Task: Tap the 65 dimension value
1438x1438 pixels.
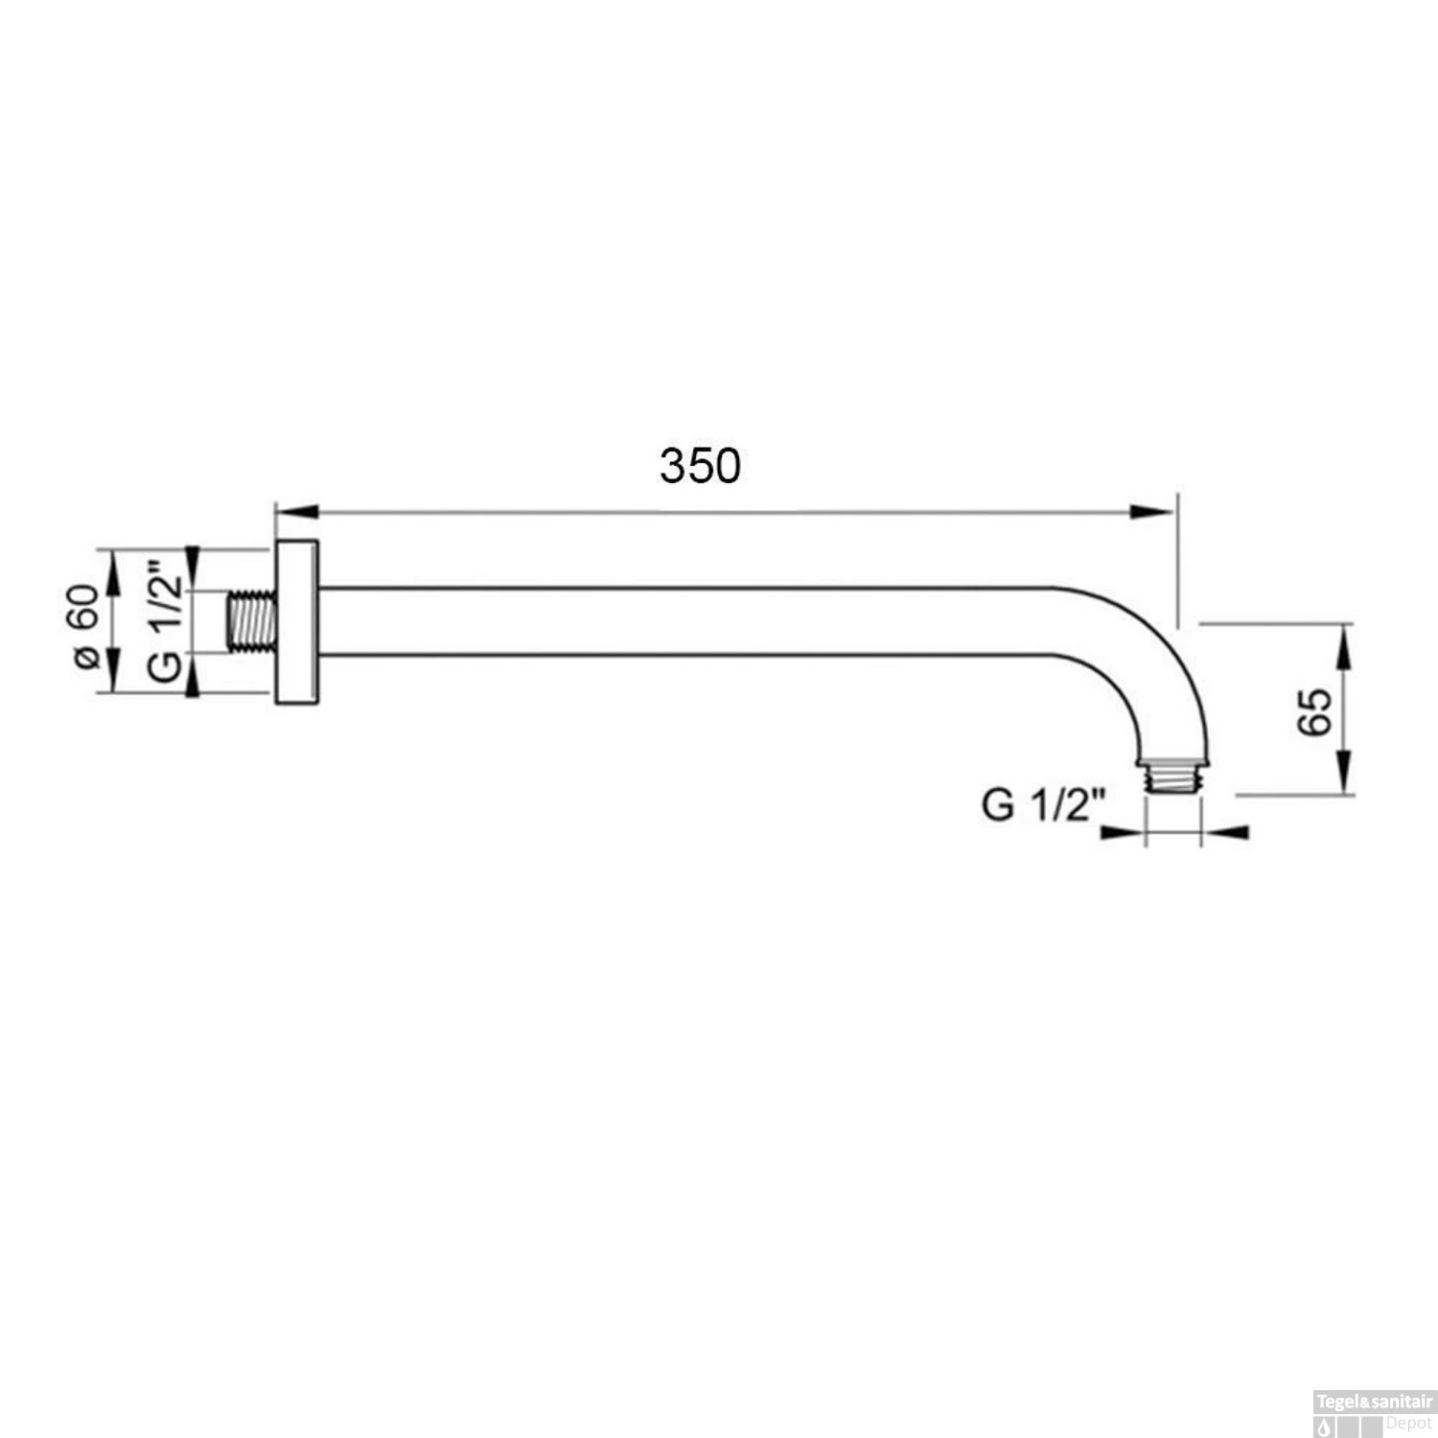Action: pos(1315,710)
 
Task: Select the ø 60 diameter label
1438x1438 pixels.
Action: pos(84,626)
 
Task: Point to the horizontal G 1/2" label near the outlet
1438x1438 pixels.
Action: pos(1043,805)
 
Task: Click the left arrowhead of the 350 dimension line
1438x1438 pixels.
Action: pos(296,513)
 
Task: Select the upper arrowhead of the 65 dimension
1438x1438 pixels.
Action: pos(1344,645)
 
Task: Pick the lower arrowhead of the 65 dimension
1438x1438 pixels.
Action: pos(1344,773)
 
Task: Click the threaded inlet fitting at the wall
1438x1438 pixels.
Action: pos(252,623)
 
